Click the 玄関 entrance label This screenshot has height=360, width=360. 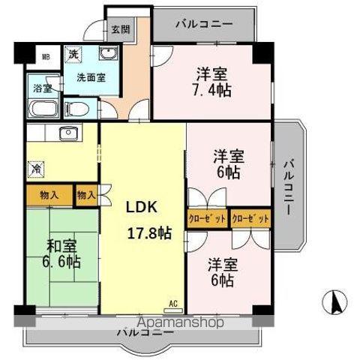coord(120,31)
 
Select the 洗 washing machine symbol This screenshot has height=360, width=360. coord(74,54)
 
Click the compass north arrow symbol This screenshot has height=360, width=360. coord(334,303)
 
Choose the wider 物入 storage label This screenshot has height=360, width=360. coord(49,195)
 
